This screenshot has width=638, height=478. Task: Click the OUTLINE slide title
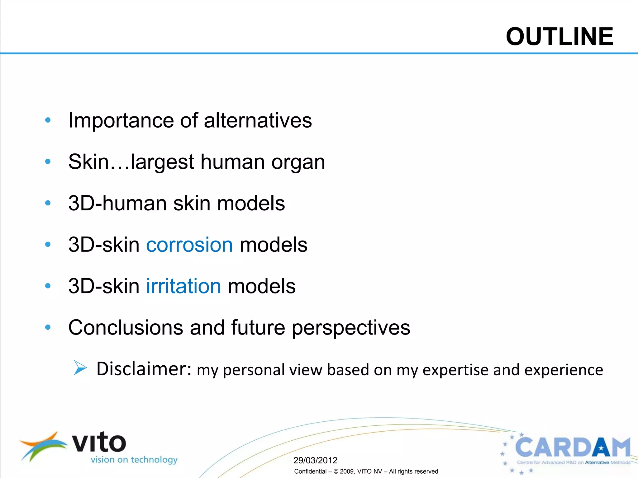click(559, 37)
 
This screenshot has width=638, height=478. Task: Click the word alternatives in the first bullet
click(258, 120)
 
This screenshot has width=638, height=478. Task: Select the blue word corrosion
click(189, 245)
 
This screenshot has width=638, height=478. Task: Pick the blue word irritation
click(183, 286)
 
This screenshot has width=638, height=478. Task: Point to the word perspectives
click(351, 328)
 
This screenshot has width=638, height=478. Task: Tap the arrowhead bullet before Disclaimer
click(80, 368)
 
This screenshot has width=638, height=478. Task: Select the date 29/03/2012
click(315, 460)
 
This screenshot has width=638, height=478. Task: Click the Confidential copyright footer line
click(366, 471)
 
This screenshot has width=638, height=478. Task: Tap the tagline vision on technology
click(134, 460)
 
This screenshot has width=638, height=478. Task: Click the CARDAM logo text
click(573, 447)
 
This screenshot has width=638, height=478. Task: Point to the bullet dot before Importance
click(48, 120)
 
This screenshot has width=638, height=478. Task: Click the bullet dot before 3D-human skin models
click(48, 203)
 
